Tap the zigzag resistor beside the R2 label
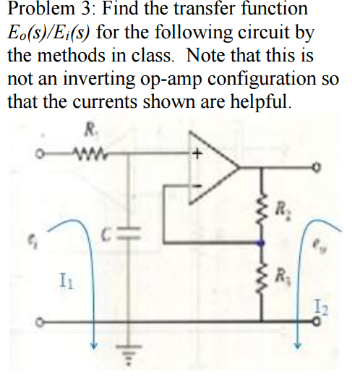click(x=262, y=211)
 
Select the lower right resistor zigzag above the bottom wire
click(x=262, y=279)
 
